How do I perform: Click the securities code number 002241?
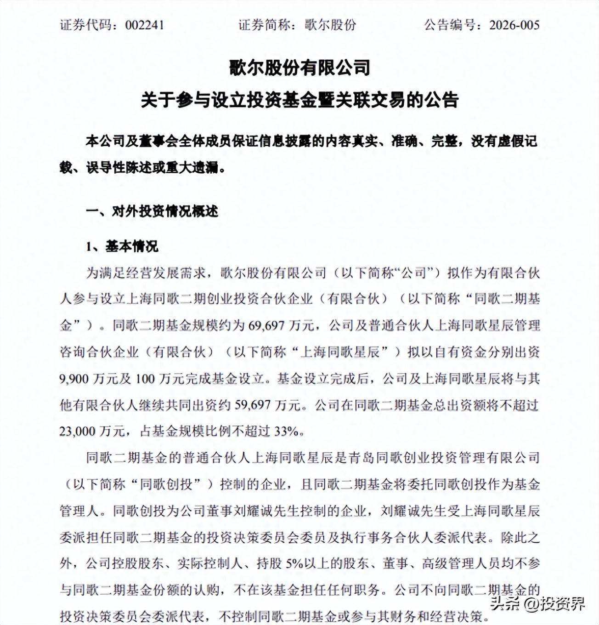point(144,25)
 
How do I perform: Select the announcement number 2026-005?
point(514,25)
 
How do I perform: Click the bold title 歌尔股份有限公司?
point(299,68)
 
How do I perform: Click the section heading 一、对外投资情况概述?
point(152,211)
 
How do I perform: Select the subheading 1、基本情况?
point(122,246)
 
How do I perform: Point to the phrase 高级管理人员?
point(453,564)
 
